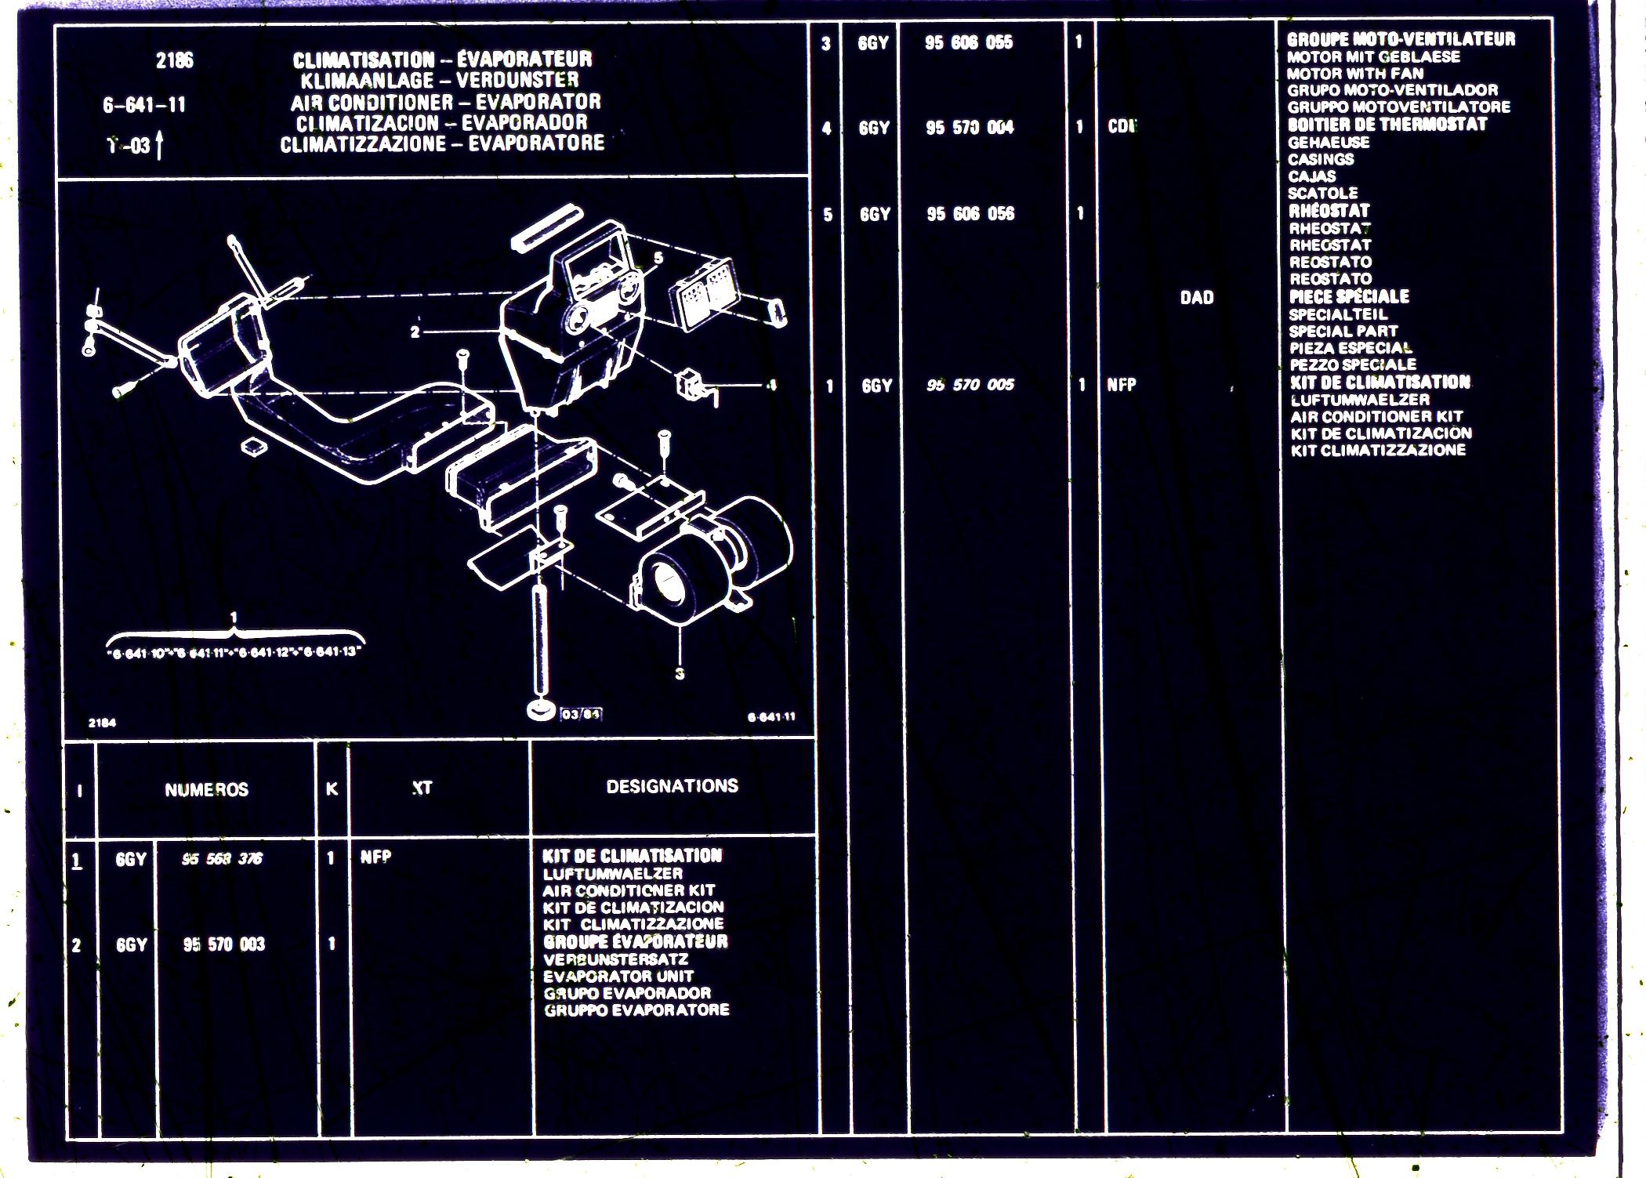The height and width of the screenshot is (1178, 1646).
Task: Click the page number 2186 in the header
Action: tap(174, 60)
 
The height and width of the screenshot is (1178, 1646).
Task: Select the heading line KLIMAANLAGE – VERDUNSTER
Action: tap(440, 80)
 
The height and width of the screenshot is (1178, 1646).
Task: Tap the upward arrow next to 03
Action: tap(160, 145)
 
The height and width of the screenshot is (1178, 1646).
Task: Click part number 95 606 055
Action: tap(969, 42)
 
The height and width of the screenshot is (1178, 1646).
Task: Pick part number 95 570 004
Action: tap(970, 127)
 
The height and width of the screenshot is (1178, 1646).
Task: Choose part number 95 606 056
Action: tap(970, 213)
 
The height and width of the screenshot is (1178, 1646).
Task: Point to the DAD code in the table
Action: tap(1196, 297)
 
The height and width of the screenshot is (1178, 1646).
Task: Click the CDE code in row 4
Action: tap(1122, 126)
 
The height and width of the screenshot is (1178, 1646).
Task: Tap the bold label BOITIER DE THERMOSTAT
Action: tap(1387, 125)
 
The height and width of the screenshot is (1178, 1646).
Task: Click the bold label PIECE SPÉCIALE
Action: tap(1349, 296)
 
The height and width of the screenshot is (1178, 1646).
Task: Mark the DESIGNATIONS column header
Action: tap(672, 786)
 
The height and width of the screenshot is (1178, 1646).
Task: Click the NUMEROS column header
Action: tap(206, 789)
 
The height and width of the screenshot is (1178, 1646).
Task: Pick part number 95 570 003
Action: tap(224, 944)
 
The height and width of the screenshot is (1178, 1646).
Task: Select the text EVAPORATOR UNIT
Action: tap(618, 976)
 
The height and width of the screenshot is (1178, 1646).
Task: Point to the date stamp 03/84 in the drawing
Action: tap(581, 714)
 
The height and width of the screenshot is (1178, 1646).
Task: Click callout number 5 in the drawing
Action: tap(658, 257)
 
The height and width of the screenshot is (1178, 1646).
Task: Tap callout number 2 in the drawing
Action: tap(415, 332)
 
